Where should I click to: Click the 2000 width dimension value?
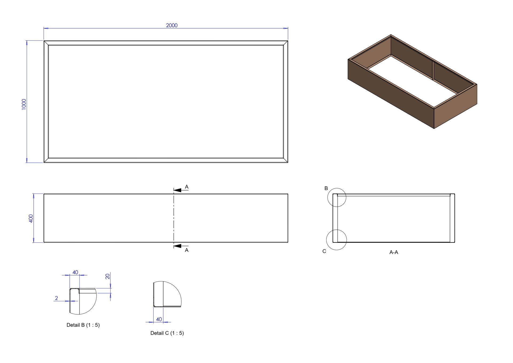point(172,25)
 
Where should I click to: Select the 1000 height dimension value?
point(24,104)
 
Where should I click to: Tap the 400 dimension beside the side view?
point(31,218)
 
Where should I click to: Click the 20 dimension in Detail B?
point(108,276)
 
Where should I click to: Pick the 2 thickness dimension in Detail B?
point(56,298)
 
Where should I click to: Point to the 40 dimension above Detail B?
point(75,272)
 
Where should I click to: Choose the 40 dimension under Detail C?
point(159,319)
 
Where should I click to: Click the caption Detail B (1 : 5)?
point(83,325)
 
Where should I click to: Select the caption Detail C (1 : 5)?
point(167,333)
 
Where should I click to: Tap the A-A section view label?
point(394,252)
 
